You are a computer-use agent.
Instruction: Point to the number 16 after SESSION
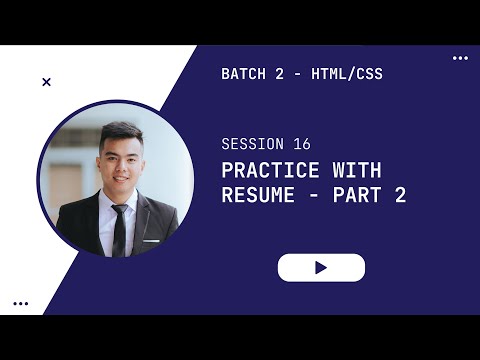(302, 144)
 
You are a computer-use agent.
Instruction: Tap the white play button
(321, 267)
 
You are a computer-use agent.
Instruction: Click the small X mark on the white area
(46, 82)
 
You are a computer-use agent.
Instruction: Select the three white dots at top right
(460, 58)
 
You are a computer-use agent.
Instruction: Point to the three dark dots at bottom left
(20, 303)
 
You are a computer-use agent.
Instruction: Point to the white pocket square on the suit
(151, 241)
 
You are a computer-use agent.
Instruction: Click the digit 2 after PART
(400, 196)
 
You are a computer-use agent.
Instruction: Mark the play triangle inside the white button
(321, 267)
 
